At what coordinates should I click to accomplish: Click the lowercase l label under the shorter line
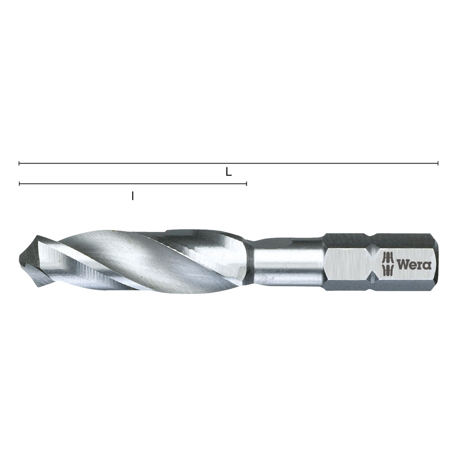coord(133,196)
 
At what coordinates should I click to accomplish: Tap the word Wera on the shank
coord(416,264)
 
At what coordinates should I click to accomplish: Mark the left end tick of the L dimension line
coord(19,163)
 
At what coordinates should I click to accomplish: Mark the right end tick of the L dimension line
coord(438,163)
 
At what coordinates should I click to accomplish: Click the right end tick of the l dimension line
coord(247,184)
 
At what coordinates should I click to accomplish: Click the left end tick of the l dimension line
coord(19,184)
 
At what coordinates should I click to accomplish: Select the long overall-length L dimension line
coord(301,163)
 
